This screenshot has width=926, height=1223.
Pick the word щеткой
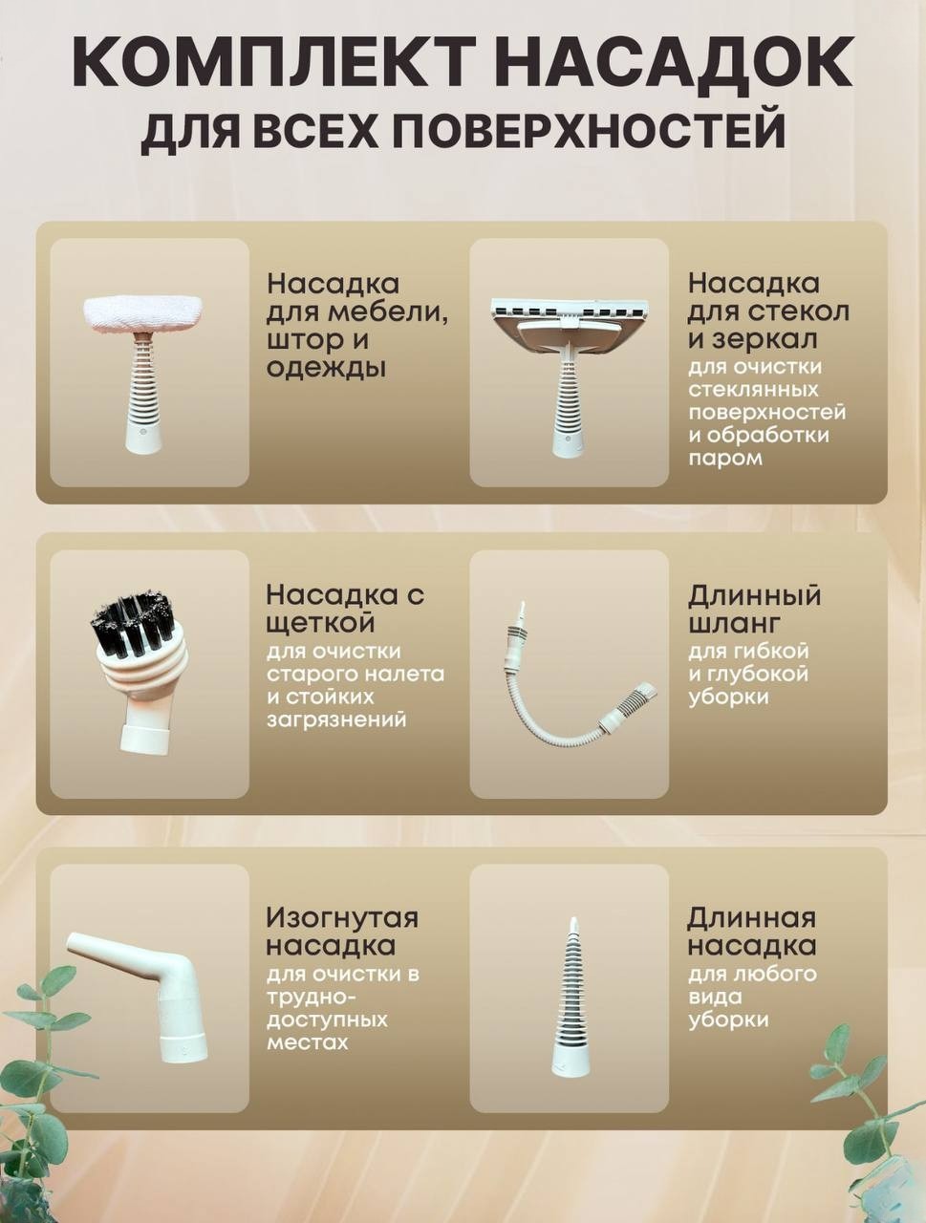coord(319,623)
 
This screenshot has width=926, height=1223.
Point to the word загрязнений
coord(336,720)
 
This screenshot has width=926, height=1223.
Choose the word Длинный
coord(754,595)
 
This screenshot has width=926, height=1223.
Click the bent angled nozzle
coord(136,998)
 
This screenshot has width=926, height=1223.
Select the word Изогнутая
coord(342,919)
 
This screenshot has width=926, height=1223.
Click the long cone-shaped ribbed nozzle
coord(570,998)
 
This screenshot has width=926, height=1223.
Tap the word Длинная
coord(752,917)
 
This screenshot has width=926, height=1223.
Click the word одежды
coord(326,369)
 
